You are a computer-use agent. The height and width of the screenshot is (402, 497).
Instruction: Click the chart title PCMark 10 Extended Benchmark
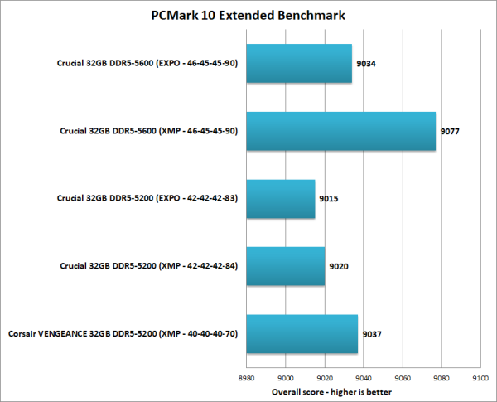click(248, 14)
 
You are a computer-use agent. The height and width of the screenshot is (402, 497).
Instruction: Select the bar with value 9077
click(340, 131)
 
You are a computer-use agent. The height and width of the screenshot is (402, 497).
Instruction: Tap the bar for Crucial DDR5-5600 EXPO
click(299, 64)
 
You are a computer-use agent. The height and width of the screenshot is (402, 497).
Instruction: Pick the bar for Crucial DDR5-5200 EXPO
click(280, 199)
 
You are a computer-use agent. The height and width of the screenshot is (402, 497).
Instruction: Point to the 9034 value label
click(366, 64)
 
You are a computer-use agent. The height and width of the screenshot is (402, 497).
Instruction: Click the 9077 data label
click(451, 132)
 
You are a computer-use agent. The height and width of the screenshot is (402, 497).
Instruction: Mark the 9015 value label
click(329, 199)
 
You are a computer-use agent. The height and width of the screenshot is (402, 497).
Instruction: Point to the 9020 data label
click(338, 267)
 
